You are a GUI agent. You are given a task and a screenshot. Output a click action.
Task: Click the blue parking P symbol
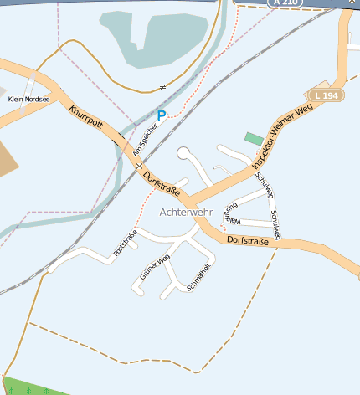[x=162, y=115]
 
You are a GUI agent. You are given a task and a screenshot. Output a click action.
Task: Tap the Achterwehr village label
[x=186, y=213]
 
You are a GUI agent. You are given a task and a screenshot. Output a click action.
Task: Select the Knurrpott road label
[x=86, y=121]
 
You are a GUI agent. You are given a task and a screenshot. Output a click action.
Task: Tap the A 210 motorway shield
[x=285, y=3]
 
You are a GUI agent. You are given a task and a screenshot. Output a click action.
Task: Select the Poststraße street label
[x=125, y=243]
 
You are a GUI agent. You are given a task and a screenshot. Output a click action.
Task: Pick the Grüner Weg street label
[x=155, y=267]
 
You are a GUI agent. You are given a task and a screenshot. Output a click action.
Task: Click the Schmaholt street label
[x=198, y=277]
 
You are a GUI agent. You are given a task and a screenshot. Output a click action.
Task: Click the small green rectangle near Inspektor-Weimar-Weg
[x=253, y=137]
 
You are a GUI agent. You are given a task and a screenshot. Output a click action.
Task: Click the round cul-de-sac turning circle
[x=183, y=153]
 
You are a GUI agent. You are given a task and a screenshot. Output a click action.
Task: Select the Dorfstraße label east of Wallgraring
[x=253, y=241]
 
